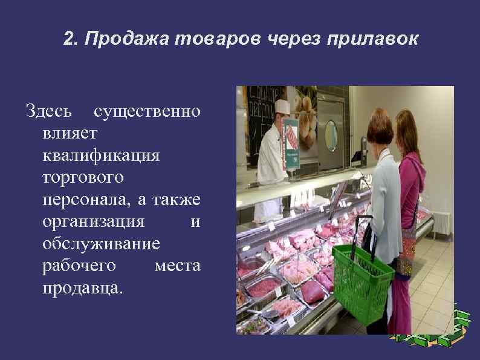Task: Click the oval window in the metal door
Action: (330, 136)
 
